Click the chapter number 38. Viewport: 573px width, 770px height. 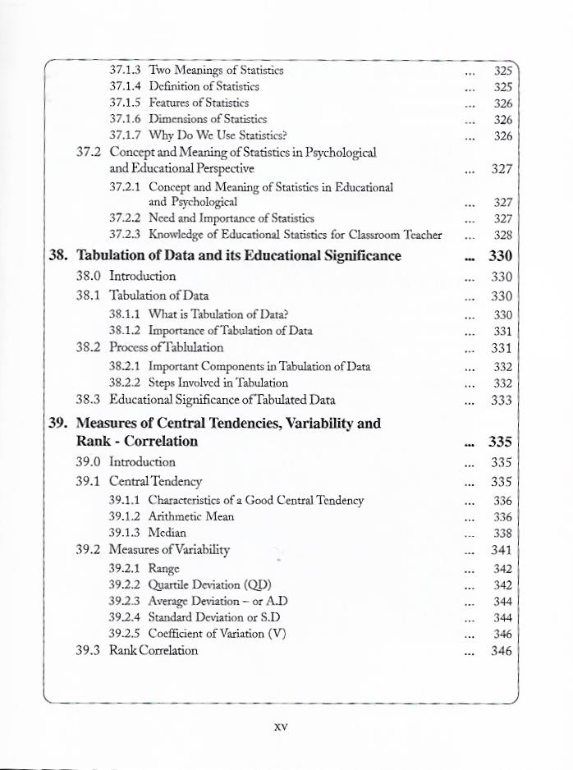pos(57,255)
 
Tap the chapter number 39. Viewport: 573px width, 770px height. pos(57,424)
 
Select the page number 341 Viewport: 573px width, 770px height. pos(502,550)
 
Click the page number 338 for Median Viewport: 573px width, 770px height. pos(502,533)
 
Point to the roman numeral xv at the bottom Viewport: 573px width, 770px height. pos(281,727)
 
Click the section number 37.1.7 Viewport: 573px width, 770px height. pos(125,135)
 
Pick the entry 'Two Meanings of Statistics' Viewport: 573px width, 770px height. pos(216,70)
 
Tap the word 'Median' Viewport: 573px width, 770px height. pos(167,533)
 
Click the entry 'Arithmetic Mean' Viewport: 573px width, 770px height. pos(191,516)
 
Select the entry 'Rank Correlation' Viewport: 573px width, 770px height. pos(154,651)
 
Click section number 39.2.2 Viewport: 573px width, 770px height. pos(125,585)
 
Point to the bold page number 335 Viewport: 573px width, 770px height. pos(500,442)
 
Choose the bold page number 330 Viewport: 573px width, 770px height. pos(500,255)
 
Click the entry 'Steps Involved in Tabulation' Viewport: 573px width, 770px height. pos(218,383)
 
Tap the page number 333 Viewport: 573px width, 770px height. pos(502,401)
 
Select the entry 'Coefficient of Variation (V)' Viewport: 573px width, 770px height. pos(217,634)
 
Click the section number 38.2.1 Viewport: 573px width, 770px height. pos(125,367)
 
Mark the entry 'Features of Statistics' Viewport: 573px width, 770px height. pos(199,103)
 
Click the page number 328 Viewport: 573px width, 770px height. pos(503,235)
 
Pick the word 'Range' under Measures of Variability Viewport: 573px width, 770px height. pos(164,568)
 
